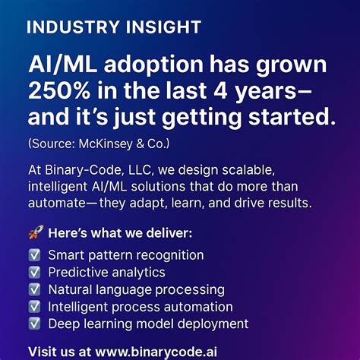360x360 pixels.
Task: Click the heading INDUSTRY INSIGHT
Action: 113,27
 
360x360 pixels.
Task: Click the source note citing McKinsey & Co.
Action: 98,143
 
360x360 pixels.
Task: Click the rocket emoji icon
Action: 34,232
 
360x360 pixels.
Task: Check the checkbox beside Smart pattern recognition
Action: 34,255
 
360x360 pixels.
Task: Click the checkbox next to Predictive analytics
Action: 34,272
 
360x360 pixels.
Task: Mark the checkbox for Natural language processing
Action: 34,289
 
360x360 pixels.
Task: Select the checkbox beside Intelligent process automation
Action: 34,307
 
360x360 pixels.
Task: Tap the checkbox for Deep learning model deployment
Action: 34,324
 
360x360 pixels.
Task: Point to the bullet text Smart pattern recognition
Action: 126,255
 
